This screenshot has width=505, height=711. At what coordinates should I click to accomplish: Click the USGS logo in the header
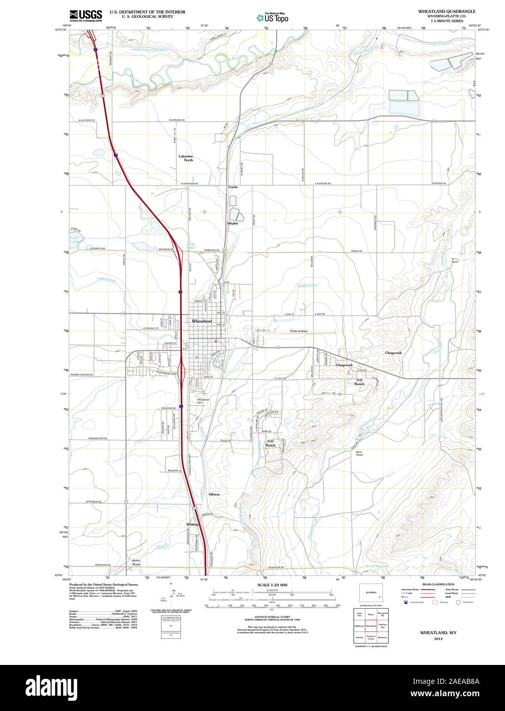click(85, 15)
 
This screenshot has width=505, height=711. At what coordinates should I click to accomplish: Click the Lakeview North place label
click(186, 158)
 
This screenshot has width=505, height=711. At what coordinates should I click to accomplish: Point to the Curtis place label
click(233, 187)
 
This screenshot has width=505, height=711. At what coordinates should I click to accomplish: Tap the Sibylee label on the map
click(233, 224)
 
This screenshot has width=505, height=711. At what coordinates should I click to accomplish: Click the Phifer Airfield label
click(298, 331)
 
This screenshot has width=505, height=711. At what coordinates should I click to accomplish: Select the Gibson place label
click(214, 495)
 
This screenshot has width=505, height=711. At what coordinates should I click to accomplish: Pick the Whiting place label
click(192, 524)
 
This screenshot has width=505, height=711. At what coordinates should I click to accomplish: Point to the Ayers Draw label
click(135, 562)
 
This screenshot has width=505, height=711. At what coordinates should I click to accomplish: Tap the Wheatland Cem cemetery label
click(203, 401)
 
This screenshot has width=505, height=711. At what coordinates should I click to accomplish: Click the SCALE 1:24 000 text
click(272, 585)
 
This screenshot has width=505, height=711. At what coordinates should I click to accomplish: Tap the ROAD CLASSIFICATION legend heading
click(438, 584)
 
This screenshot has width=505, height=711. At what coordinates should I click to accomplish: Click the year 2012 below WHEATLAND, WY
click(438, 639)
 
